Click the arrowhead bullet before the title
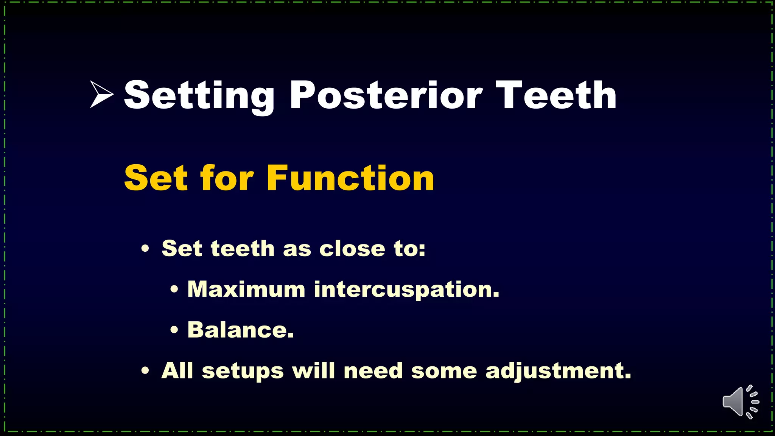(x=101, y=94)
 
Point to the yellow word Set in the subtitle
(x=156, y=178)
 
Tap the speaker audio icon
(x=740, y=402)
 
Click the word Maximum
(x=246, y=289)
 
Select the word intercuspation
(x=407, y=290)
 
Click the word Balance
(x=240, y=330)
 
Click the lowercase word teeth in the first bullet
(x=243, y=249)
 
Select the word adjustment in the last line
(x=559, y=371)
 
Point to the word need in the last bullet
(x=373, y=371)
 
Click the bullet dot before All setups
(x=145, y=371)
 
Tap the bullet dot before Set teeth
(x=145, y=249)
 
